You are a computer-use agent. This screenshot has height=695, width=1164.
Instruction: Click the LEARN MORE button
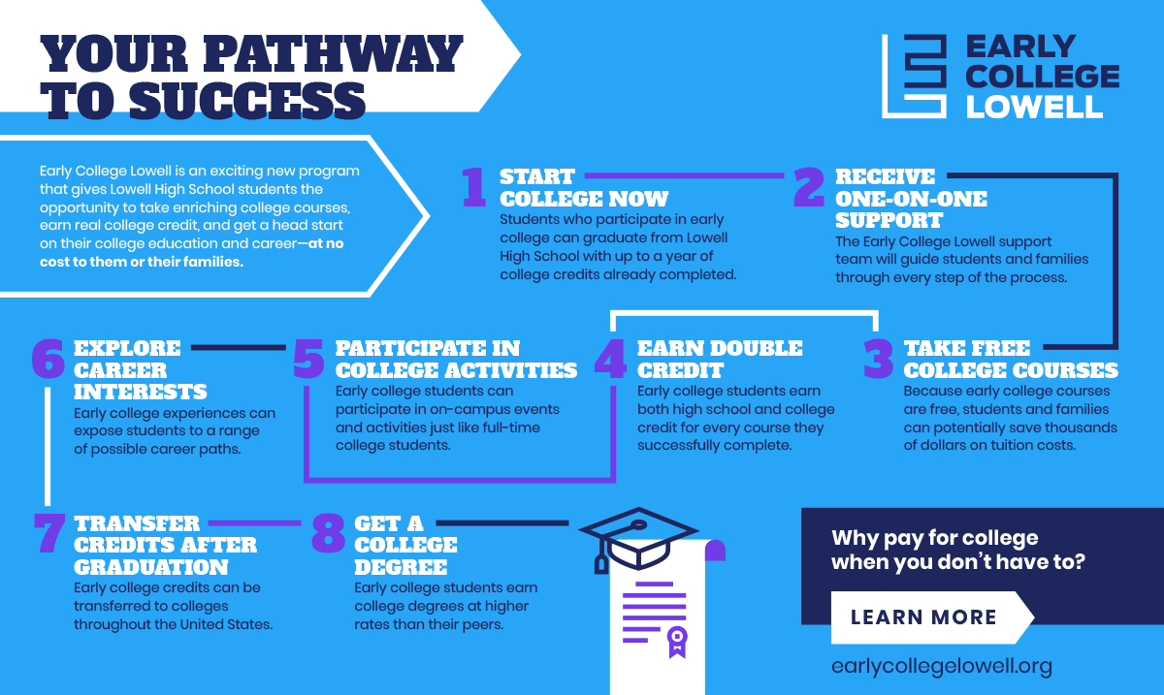(930, 617)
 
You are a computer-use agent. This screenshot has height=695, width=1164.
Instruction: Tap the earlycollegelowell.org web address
(942, 667)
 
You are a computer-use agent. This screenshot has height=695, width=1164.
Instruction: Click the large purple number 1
(474, 187)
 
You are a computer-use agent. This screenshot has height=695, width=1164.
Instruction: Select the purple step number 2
(809, 187)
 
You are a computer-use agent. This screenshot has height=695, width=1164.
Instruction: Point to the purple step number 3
(878, 359)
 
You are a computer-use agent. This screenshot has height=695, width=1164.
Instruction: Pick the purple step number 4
(610, 359)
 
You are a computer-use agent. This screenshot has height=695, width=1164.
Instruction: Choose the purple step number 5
(308, 359)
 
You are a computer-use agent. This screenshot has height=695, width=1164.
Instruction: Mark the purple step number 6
(48, 359)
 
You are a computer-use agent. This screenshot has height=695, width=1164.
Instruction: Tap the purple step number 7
(49, 533)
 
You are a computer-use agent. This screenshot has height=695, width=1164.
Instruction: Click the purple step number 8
(329, 533)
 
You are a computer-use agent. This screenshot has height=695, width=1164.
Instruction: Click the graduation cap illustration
(638, 539)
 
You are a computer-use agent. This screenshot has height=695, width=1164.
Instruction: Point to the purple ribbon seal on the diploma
(677, 642)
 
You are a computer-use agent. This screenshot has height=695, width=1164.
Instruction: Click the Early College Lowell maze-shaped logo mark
(914, 76)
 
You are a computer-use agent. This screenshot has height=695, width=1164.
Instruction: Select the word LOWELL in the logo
(1034, 107)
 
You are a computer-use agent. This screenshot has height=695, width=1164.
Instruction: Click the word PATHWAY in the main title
(333, 53)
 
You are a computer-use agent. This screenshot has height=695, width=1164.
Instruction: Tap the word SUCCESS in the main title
(247, 100)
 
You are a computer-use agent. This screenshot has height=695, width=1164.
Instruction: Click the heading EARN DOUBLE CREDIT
(720, 359)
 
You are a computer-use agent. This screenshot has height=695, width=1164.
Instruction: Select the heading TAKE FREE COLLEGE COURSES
(1011, 359)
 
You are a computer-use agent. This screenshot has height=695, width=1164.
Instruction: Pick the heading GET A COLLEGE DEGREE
(405, 545)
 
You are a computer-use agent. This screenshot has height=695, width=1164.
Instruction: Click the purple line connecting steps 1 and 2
(685, 175)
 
